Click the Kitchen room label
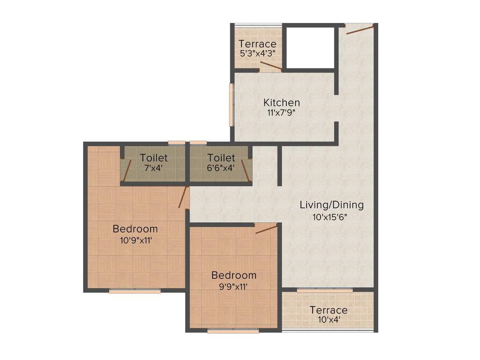(281, 102)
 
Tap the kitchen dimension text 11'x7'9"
(281, 112)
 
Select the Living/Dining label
(331, 205)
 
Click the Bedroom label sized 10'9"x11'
(135, 229)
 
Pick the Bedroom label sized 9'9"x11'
(233, 275)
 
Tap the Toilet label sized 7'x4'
(153, 158)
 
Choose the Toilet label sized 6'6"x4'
(221, 158)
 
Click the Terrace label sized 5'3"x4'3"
(257, 44)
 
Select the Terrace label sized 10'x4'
(329, 310)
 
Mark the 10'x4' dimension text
(329, 320)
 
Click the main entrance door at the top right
(359, 29)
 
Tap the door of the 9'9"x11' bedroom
(266, 229)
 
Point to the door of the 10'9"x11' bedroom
(183, 197)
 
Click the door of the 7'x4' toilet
(127, 170)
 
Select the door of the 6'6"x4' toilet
(247, 170)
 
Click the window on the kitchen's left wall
(231, 105)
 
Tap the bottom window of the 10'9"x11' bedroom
(135, 291)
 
